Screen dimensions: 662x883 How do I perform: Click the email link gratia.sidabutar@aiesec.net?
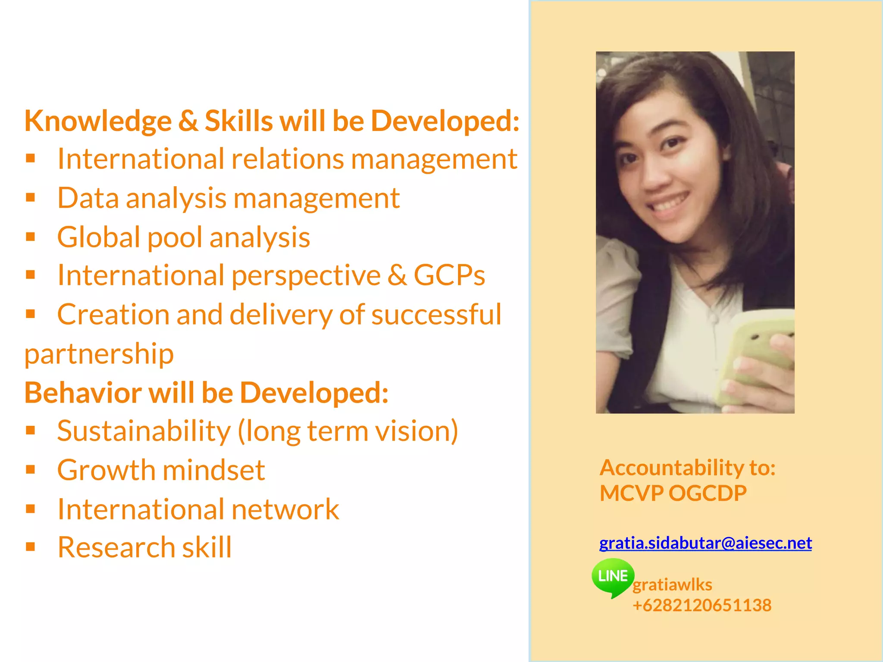[705, 543]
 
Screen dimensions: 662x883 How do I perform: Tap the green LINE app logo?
[613, 577]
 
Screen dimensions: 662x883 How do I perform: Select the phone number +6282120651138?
[702, 605]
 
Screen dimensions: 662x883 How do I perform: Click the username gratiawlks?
[672, 585]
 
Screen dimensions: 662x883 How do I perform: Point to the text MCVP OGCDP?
[673, 493]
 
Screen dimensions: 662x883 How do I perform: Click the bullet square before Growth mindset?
[30, 469]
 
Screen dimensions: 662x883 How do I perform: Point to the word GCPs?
[449, 275]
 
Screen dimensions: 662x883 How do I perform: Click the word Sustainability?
[144, 431]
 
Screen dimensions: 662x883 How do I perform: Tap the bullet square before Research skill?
[30, 547]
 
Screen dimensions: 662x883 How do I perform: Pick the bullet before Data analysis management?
[30, 197]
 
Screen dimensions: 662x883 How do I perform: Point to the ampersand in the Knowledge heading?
[188, 121]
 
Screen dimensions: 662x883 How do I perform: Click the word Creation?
[113, 314]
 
